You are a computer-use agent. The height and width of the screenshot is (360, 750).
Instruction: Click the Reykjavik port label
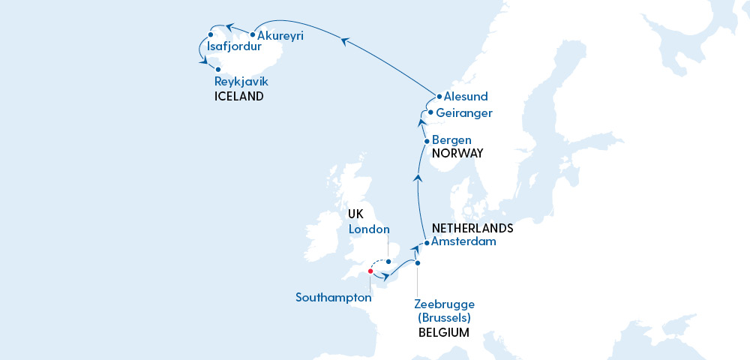[x=241, y=82]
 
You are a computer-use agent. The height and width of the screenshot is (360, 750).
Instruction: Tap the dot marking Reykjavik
[x=218, y=69]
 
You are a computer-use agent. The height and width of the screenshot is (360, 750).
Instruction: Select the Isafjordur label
[x=239, y=47]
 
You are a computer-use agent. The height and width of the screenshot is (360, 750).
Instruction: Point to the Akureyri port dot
[x=253, y=34]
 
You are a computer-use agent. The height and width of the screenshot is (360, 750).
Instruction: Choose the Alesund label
[x=466, y=97]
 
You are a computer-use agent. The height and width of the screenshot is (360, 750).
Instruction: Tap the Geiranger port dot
[x=430, y=112]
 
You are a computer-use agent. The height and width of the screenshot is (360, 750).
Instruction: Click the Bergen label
[x=452, y=139]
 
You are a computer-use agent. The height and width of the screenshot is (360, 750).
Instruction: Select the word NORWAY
[x=457, y=153]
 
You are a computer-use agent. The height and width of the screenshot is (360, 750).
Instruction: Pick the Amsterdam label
[x=465, y=241]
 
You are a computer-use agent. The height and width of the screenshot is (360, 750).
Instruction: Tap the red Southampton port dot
[x=370, y=271]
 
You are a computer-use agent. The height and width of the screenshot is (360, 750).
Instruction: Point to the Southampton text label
[x=334, y=298]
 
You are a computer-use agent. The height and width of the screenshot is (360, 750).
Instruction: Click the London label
[x=369, y=229]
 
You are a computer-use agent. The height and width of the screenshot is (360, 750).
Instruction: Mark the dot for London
[x=388, y=261]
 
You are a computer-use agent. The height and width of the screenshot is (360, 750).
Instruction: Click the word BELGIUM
[x=443, y=332]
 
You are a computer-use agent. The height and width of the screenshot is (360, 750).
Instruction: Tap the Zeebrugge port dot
[x=418, y=263]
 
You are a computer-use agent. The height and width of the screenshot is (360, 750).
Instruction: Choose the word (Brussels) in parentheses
[x=444, y=318]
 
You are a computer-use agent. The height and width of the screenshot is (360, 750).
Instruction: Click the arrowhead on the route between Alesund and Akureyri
[x=344, y=43]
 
